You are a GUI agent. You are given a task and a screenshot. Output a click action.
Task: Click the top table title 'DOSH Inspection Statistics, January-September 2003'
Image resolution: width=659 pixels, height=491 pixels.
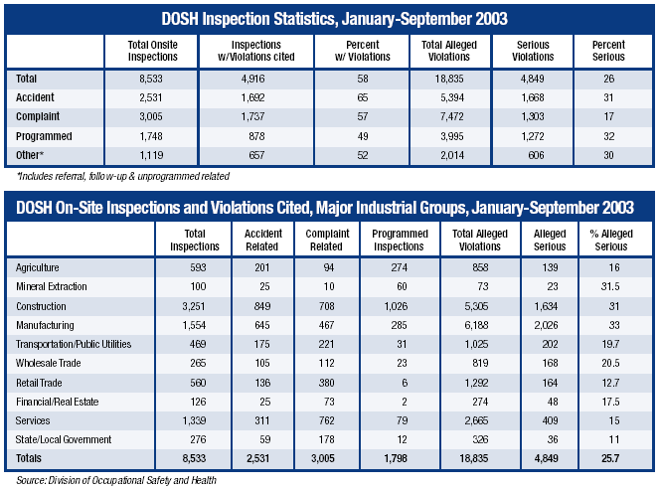pyautogui.click(x=329, y=18)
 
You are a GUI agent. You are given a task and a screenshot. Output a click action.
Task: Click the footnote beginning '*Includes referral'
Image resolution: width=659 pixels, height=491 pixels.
pyautogui.click(x=122, y=176)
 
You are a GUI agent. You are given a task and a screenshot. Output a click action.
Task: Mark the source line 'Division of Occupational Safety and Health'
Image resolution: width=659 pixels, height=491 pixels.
pyautogui.click(x=117, y=480)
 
